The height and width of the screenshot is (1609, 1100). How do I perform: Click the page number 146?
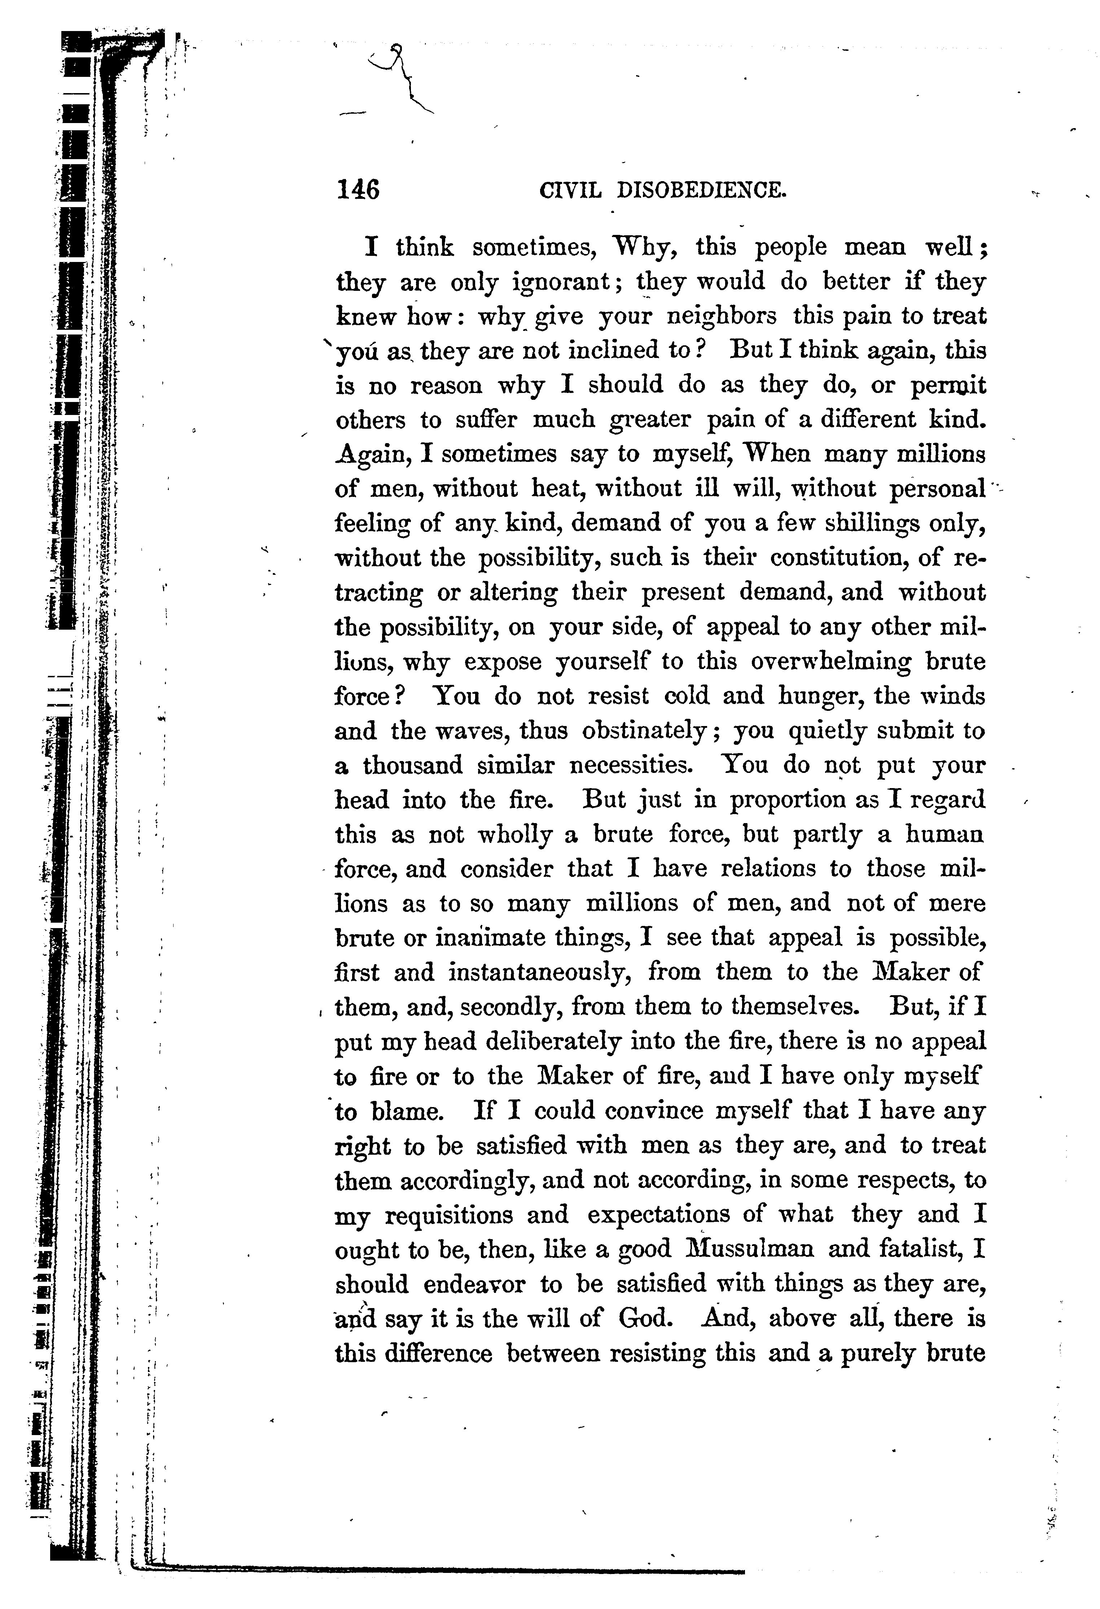(358, 189)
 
